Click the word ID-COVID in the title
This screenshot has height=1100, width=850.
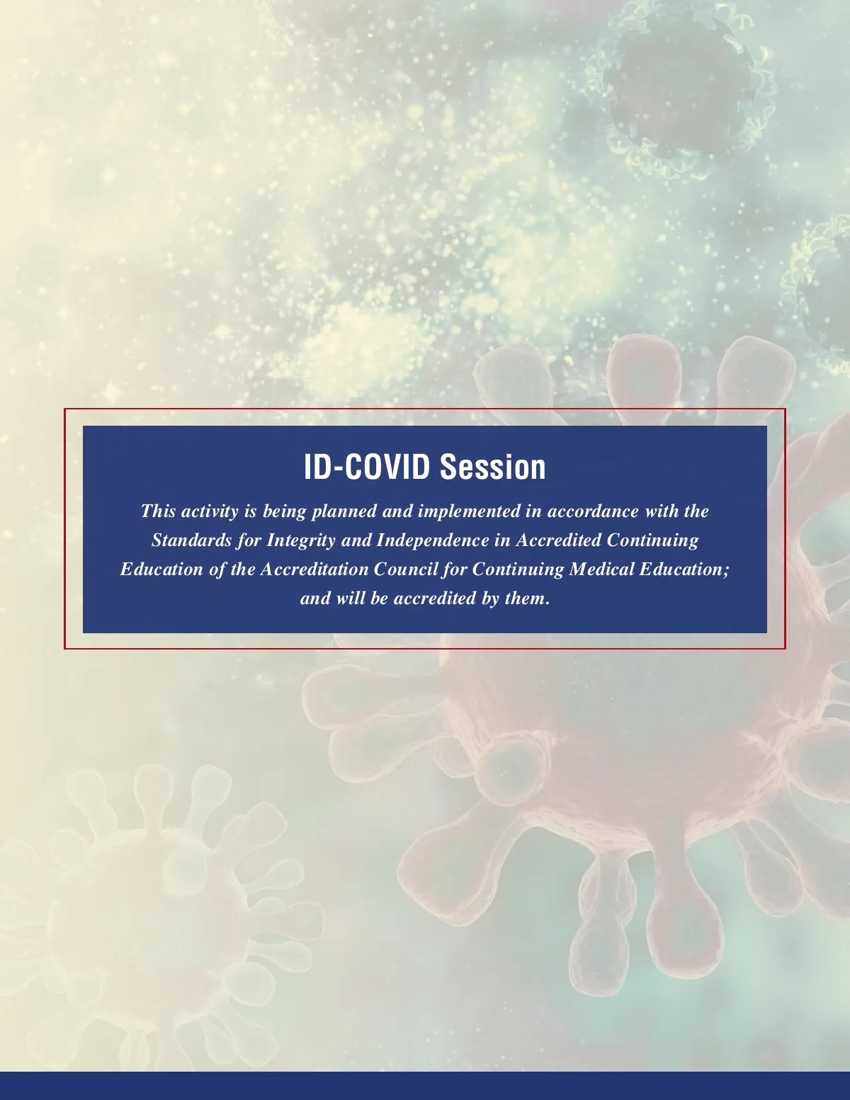(366, 466)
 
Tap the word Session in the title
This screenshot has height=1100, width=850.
(492, 466)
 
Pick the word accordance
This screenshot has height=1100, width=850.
(594, 511)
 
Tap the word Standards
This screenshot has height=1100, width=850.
(191, 540)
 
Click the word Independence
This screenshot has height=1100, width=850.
(433, 540)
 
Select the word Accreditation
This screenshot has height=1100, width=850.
(314, 569)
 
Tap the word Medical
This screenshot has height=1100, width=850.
(601, 569)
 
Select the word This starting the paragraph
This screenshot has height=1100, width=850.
(159, 511)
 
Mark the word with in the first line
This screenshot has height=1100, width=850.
(662, 511)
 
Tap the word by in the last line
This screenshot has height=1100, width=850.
(491, 599)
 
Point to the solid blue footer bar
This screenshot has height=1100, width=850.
(425, 1086)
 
